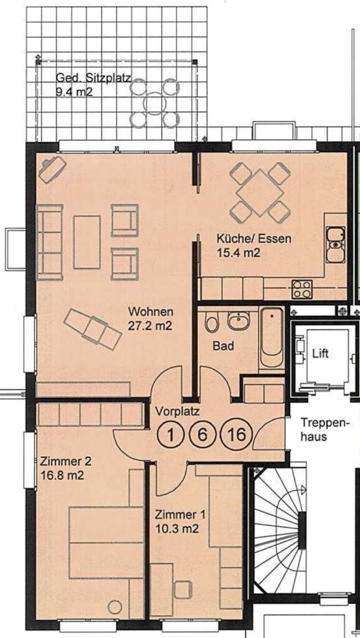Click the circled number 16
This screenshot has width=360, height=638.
[x=237, y=434]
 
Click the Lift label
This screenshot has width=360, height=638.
[x=320, y=354]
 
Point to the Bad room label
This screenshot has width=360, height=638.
[x=224, y=346]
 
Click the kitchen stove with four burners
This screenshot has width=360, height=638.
[x=302, y=289]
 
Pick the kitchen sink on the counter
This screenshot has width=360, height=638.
[x=336, y=244]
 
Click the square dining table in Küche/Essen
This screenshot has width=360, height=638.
[x=260, y=193]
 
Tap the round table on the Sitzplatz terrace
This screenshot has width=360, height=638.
[x=155, y=103]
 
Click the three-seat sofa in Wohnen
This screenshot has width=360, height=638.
[x=50, y=242]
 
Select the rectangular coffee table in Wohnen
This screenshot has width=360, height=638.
[x=87, y=242]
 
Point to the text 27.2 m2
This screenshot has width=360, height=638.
[x=151, y=325]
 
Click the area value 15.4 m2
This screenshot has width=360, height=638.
[x=239, y=253]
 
